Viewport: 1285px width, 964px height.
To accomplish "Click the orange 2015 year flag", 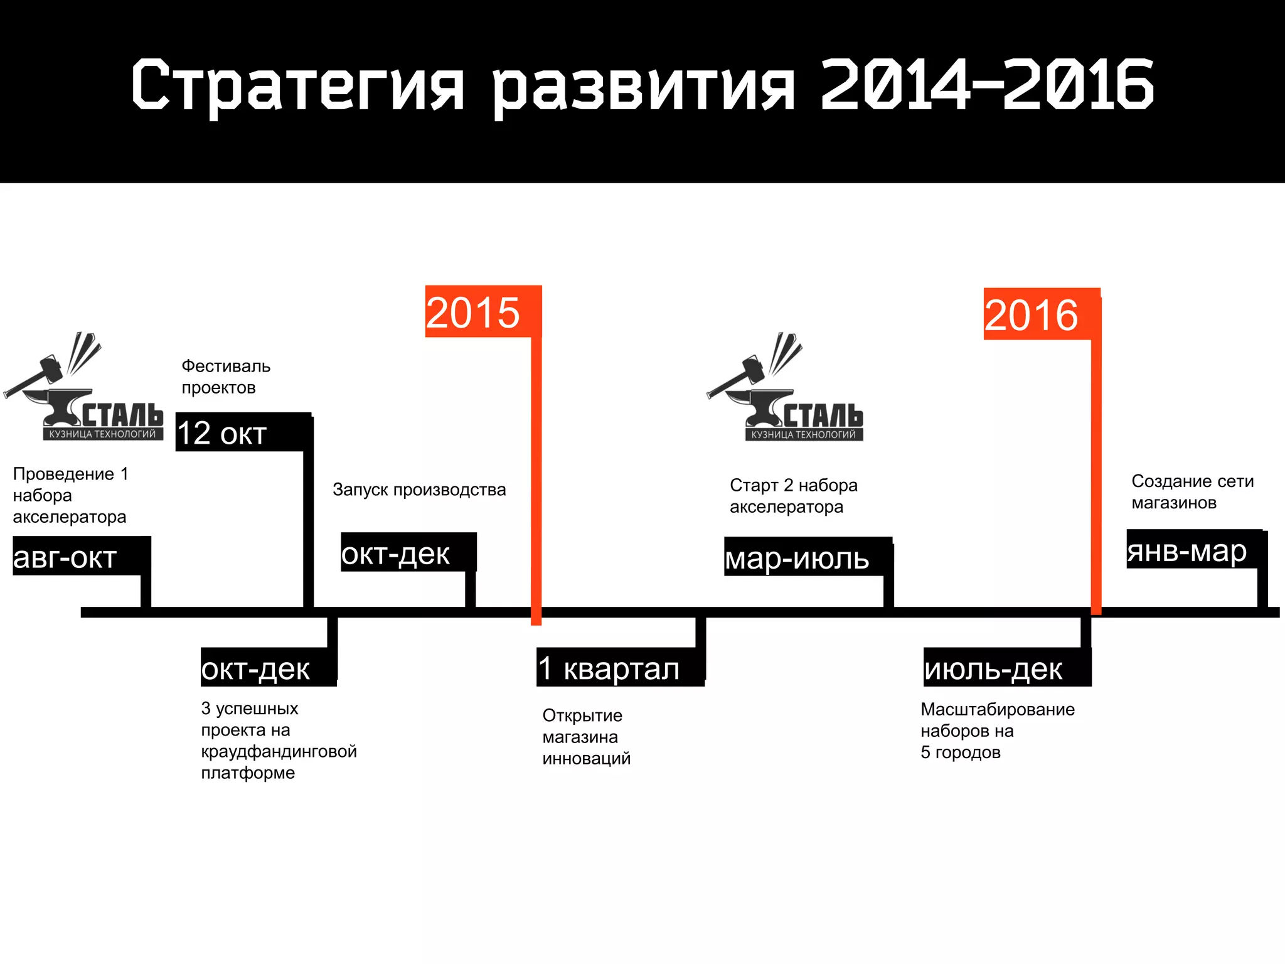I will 482,312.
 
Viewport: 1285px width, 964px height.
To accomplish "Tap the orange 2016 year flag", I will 1040,314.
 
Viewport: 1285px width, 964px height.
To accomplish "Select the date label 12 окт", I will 242,432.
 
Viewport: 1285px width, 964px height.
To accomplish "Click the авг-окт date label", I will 81,556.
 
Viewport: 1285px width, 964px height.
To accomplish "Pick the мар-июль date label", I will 807,557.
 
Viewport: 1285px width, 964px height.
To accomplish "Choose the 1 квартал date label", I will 619,667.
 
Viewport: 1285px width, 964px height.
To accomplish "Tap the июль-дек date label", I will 1006,668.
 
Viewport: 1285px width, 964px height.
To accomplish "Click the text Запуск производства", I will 419,490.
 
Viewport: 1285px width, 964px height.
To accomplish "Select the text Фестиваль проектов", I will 225,377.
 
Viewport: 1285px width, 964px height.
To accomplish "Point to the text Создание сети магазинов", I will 1192,491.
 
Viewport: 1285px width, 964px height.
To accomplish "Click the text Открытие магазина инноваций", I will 586,737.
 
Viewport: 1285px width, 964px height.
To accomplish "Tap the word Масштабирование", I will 997,709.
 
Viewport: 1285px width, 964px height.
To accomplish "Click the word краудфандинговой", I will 279,751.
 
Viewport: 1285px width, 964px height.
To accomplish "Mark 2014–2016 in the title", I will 987,85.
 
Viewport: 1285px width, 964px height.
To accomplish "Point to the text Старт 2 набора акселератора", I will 793,496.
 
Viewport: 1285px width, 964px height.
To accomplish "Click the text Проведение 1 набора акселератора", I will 70,495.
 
